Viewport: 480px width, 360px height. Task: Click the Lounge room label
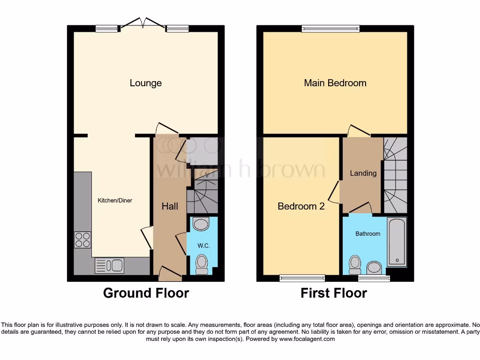[x=146, y=83]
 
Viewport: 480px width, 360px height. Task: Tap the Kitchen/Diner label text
[x=115, y=201]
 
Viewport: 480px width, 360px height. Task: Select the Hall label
[x=170, y=206]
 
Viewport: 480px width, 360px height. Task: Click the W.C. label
[x=202, y=245]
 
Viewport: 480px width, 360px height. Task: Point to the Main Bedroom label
[x=335, y=83]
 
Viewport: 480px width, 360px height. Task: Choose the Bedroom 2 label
[x=301, y=206]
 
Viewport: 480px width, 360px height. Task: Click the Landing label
[x=363, y=173]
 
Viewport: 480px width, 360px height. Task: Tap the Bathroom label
[x=367, y=233]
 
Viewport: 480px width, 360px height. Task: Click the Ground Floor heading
[x=146, y=293]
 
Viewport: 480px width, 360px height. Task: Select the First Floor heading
[x=334, y=293]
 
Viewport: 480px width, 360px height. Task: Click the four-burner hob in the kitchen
[x=82, y=240]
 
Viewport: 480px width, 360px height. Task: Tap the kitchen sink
[x=109, y=266]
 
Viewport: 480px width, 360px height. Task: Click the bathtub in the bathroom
[x=397, y=242]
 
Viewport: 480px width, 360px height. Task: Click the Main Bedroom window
[x=331, y=29]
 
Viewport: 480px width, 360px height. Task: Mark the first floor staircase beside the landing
[x=395, y=174]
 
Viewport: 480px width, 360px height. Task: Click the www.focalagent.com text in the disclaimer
[x=307, y=339]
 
